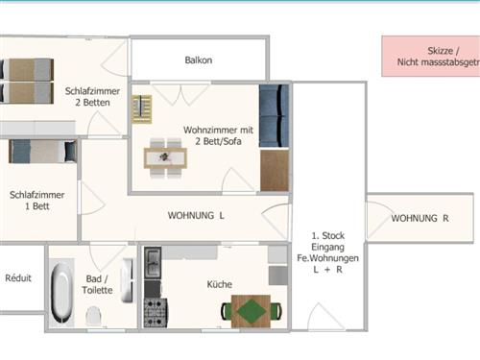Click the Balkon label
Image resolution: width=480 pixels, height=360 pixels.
pyautogui.click(x=199, y=60)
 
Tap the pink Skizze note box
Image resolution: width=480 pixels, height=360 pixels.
pyautogui.click(x=431, y=57)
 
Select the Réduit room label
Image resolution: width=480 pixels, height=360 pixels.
pyautogui.click(x=18, y=277)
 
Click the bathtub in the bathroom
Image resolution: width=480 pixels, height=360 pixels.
pyautogui.click(x=61, y=292)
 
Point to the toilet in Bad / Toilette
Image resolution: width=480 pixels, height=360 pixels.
pyautogui.click(x=93, y=315)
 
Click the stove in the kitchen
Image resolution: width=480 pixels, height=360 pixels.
pyautogui.click(x=156, y=312)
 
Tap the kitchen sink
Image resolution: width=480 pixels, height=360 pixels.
pyautogui.click(x=153, y=262)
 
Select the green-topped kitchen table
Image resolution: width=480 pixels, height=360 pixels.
pyautogui.click(x=252, y=311)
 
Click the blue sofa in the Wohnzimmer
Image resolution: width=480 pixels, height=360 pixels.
pyautogui.click(x=275, y=116)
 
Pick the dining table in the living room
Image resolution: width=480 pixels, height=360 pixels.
pyautogui.click(x=165, y=158)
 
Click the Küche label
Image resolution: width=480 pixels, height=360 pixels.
pyautogui.click(x=220, y=284)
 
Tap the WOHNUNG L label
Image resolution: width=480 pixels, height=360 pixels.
pyautogui.click(x=196, y=215)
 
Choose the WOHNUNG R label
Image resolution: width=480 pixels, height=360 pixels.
pyautogui.click(x=420, y=218)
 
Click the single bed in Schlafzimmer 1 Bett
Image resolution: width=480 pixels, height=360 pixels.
pyautogui.click(x=43, y=151)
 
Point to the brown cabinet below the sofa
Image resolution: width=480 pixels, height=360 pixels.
pyautogui.click(x=275, y=171)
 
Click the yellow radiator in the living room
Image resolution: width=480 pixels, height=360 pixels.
pyautogui.click(x=141, y=109)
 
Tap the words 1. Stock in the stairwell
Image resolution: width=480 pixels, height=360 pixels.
pyautogui.click(x=328, y=236)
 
